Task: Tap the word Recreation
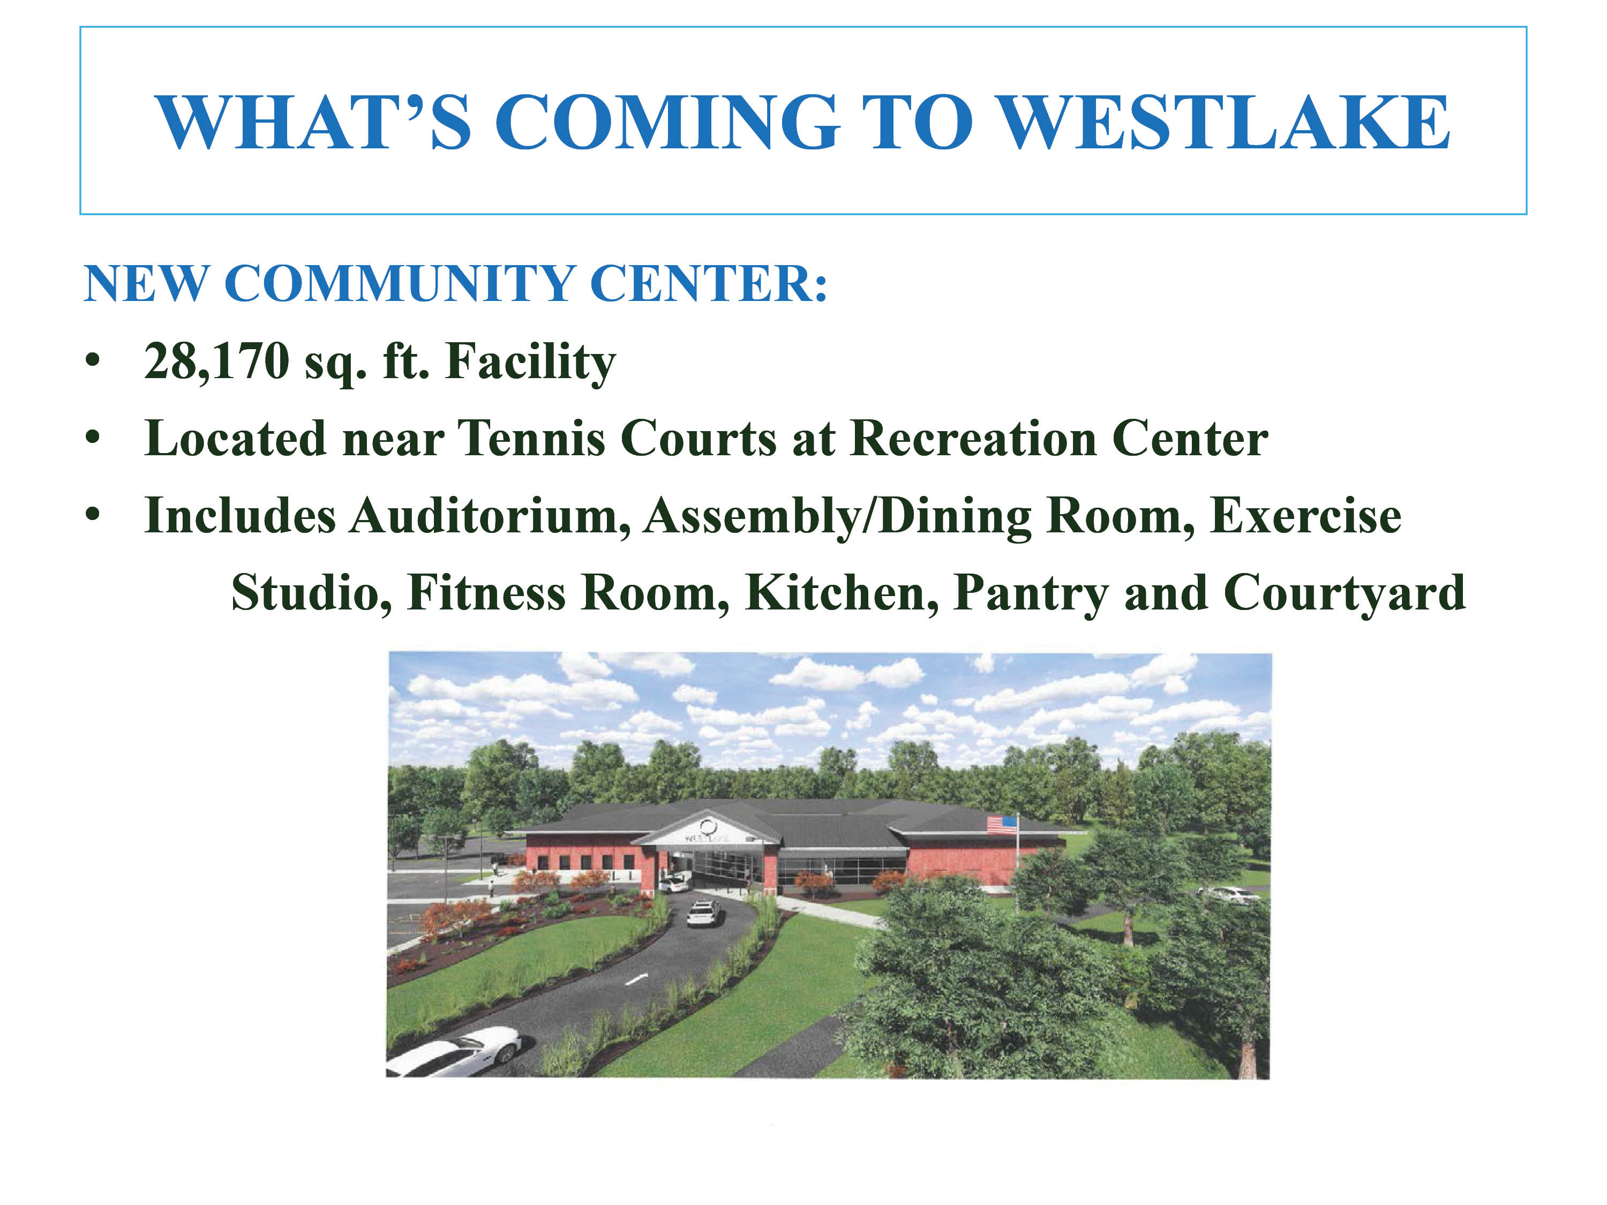click(973, 439)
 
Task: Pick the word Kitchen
click(842, 593)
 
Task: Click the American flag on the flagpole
click(1001, 824)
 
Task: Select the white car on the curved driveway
click(704, 913)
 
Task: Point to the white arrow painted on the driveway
click(636, 980)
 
